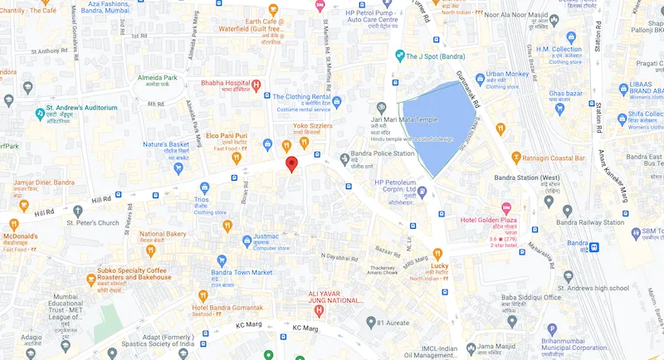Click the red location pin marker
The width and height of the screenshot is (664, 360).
(291, 163)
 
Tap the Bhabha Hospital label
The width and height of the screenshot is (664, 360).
(226, 84)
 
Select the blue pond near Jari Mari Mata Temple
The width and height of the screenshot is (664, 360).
(436, 124)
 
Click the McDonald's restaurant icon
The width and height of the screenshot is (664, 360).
(13, 224)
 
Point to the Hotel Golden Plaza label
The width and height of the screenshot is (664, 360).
(490, 221)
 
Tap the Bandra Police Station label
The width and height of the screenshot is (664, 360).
(382, 153)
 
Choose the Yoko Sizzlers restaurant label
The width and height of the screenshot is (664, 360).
(312, 127)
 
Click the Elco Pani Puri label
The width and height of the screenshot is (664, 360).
(227, 135)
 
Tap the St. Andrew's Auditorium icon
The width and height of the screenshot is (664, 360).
(39, 114)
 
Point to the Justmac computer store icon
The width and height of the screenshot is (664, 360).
(246, 241)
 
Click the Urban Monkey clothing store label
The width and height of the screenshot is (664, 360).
(508, 75)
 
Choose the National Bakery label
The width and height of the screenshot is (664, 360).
(163, 235)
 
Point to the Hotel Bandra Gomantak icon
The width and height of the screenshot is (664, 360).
(202, 296)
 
